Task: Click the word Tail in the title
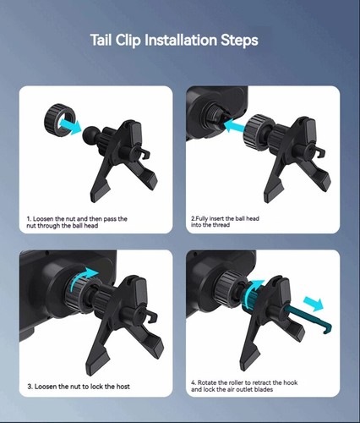click(105, 40)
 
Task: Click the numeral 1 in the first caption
click(28, 219)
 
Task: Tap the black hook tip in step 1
click(150, 155)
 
